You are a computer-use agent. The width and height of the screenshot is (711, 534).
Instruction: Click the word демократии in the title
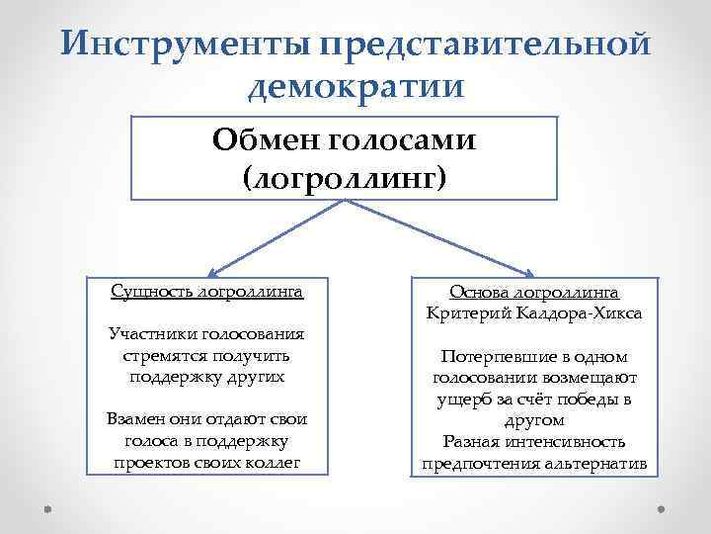pyautogui.click(x=355, y=88)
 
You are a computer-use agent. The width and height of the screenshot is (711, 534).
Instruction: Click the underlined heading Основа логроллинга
pyautogui.click(x=534, y=293)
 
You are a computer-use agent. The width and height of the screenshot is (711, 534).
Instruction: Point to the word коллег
pyautogui.click(x=272, y=461)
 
